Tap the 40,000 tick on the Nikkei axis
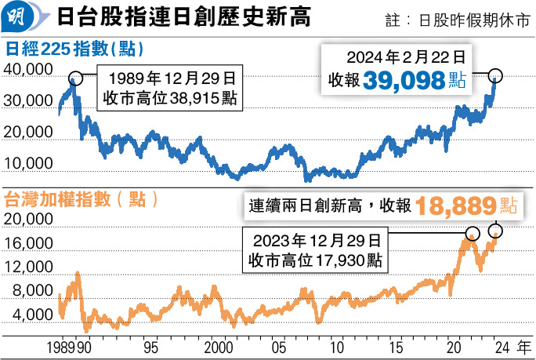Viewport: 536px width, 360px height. click(x=29, y=71)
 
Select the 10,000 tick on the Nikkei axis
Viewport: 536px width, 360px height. click(x=29, y=163)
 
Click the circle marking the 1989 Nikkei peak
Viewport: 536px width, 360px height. click(x=75, y=78)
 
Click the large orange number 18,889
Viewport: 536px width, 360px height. click(x=456, y=206)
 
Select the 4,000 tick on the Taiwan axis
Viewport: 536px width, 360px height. click(x=31, y=315)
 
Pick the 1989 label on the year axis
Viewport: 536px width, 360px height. click(x=62, y=346)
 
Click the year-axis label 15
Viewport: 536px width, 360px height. click(x=396, y=346)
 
